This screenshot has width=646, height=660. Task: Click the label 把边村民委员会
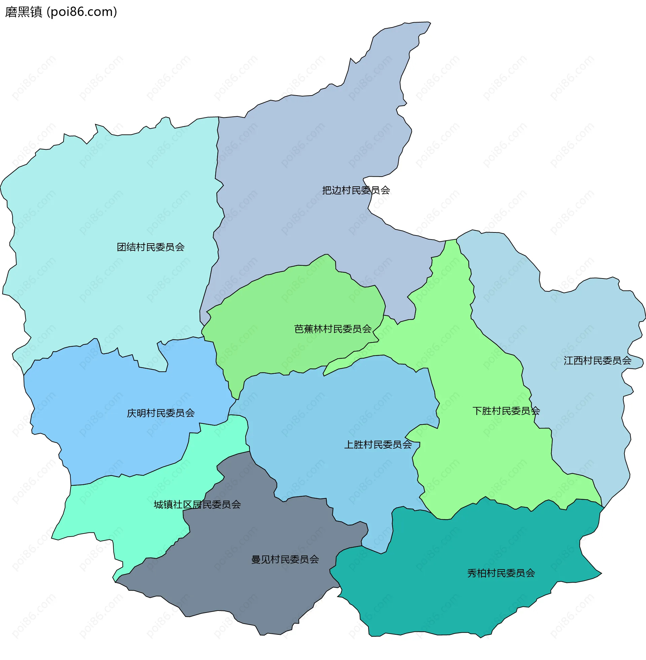point(356,190)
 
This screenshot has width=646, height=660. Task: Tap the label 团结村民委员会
point(151,247)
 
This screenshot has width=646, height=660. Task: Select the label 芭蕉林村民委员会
point(333,329)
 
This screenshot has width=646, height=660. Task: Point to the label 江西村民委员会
point(598,361)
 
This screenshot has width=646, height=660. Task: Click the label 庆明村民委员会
point(161,413)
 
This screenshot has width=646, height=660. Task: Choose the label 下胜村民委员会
point(506,411)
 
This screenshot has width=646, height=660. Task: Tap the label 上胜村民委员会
point(378,445)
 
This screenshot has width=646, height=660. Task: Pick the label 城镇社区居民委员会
point(197,505)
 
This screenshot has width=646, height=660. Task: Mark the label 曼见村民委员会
point(285,559)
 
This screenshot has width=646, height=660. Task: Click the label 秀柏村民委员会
point(501,573)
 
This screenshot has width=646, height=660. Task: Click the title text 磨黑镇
point(24,12)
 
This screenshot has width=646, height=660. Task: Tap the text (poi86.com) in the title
point(82,12)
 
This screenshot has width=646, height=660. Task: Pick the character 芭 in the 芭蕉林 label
point(299,329)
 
